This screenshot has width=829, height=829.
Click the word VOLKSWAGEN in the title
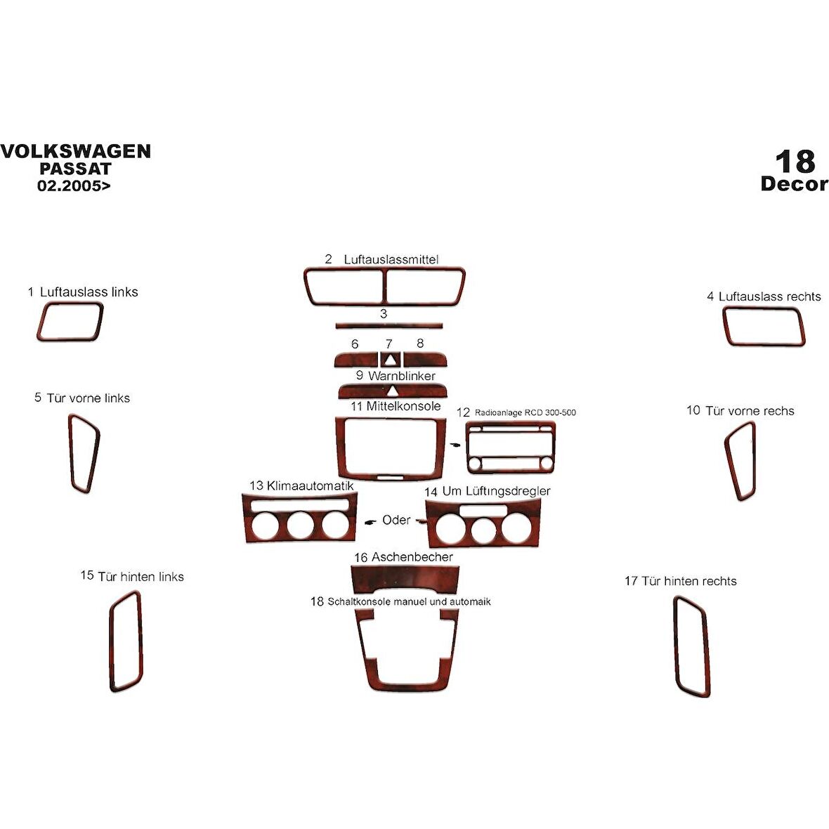click(x=76, y=151)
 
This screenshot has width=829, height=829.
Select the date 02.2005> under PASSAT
click(x=74, y=185)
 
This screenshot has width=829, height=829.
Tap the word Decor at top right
click(x=794, y=183)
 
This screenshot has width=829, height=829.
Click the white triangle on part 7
click(x=390, y=360)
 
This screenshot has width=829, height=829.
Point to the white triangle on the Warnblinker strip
click(x=392, y=391)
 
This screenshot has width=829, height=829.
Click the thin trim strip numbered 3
click(x=389, y=325)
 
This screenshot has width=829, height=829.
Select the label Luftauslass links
click(x=89, y=292)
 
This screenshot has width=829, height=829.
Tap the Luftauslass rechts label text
click(x=769, y=296)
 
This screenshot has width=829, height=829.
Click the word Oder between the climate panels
click(x=396, y=520)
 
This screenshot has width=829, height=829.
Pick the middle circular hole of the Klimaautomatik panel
click(x=300, y=525)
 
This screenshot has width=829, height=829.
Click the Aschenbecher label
click(x=412, y=556)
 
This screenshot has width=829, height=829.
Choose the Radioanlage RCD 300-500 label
click(x=525, y=412)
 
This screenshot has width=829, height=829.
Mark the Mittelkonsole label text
click(x=403, y=406)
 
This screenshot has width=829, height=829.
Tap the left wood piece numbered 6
click(x=355, y=360)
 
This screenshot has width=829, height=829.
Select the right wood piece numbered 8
click(x=425, y=360)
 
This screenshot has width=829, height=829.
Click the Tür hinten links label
click(x=141, y=576)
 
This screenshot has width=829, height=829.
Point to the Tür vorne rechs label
click(x=750, y=411)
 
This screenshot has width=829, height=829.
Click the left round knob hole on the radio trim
click(x=476, y=464)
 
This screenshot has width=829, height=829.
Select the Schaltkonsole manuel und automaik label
click(x=409, y=601)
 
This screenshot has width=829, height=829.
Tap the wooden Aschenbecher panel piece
click(x=405, y=576)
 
